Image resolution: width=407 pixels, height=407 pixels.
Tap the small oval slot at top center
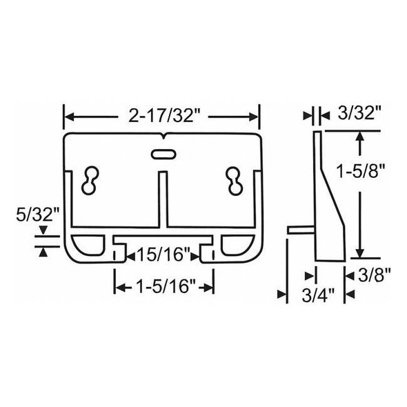[x=161, y=153]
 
